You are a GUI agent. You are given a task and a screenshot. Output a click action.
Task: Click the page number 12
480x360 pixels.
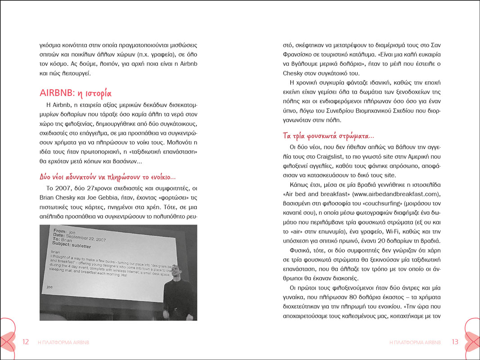coord(26,342)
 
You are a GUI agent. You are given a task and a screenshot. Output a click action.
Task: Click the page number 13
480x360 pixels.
coord(455,342)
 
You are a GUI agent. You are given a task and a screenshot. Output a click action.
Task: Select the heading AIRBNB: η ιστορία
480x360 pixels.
coord(75,94)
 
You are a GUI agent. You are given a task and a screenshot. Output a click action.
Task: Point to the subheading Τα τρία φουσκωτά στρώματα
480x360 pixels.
coord(328,136)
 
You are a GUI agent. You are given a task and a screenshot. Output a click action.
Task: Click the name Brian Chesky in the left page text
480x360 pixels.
coord(58,198)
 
